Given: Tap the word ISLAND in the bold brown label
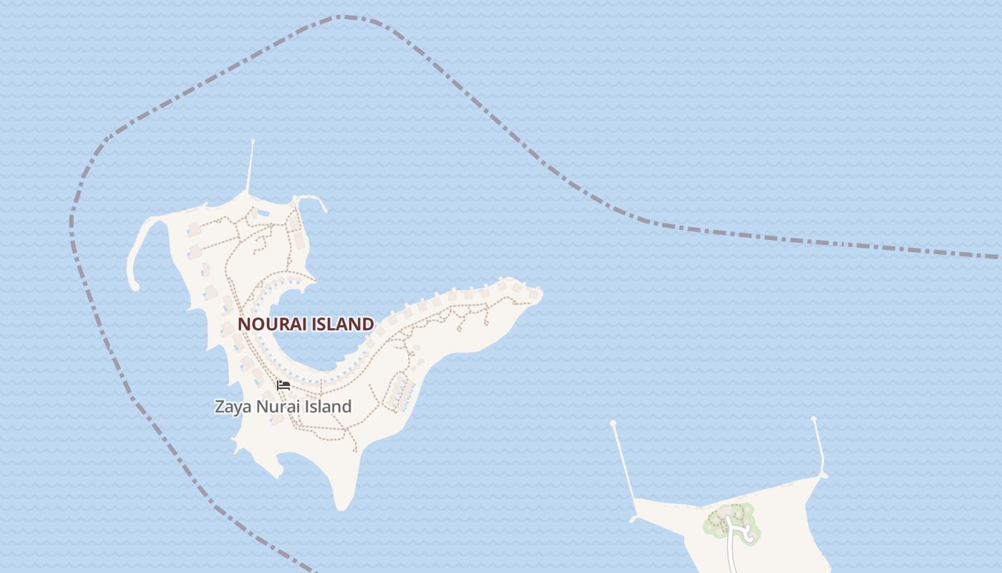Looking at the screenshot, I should pos(341,324).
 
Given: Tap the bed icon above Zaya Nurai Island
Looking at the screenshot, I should pos(283,385).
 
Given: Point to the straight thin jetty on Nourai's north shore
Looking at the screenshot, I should pos(250,166).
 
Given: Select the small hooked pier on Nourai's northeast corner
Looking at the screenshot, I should pos(315,200).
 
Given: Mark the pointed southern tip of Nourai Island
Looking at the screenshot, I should pos(342,504).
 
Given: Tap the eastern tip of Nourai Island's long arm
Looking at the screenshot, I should pos(538,294).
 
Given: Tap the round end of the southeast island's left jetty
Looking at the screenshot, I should pos(613,424).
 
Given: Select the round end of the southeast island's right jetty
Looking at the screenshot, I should pos(814,419).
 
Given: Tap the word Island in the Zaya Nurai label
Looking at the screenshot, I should pos(329,407).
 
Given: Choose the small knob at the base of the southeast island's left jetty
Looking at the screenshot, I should pos(633,518).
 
